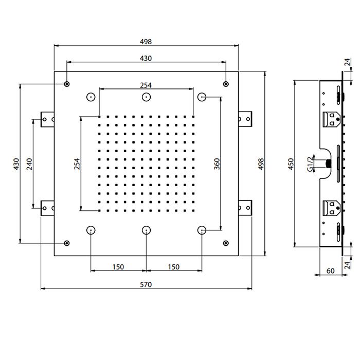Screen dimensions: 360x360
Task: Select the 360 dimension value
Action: coord(218,164)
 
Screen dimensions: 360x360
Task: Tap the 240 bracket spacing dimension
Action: coord(30,164)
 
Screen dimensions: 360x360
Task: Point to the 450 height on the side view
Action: coord(291,164)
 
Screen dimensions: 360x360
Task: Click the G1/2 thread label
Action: coord(310,164)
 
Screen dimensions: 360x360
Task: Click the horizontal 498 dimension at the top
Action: coord(146,41)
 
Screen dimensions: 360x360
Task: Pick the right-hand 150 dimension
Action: coord(174,267)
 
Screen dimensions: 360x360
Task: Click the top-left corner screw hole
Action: coord(67,84)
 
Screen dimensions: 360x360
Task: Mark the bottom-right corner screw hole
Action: coord(225,243)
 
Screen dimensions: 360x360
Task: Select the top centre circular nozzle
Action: coord(147,97)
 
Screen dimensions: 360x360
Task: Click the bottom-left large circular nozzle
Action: coord(91,230)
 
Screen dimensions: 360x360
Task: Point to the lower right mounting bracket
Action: coord(246,208)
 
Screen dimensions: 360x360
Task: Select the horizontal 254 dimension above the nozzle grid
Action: coord(146,85)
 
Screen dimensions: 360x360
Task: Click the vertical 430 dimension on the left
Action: coord(16,164)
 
